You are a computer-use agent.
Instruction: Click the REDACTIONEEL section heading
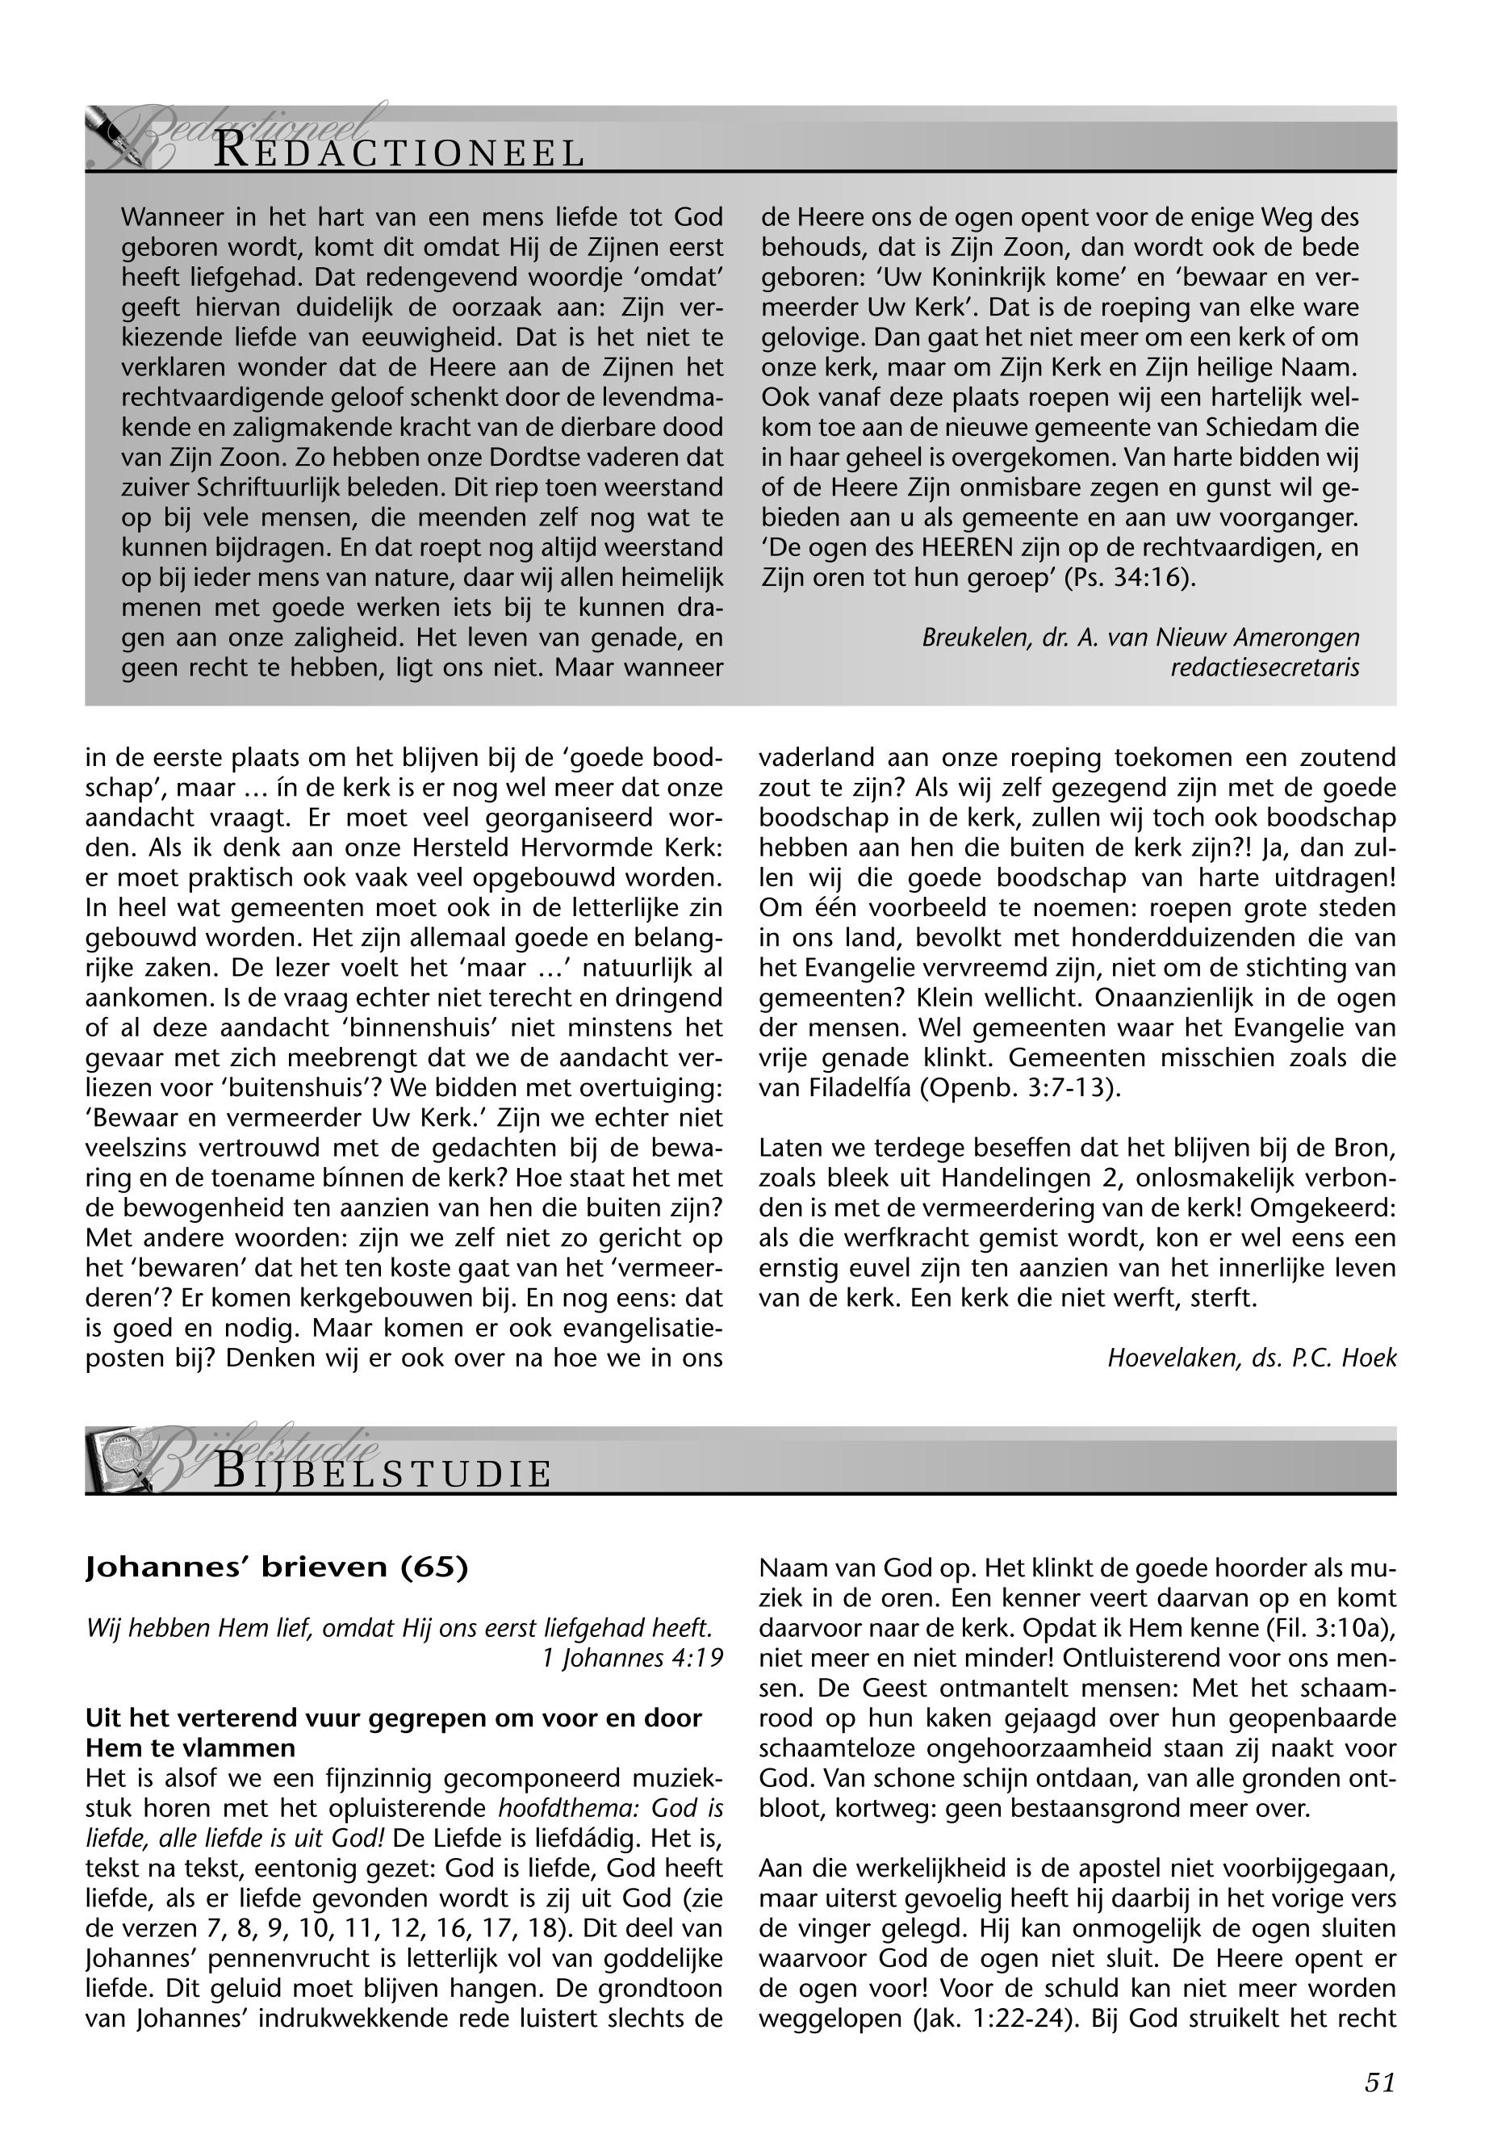point(399,152)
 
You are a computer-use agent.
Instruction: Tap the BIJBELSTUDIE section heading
point(383,1473)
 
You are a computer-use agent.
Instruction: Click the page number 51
point(1379,2082)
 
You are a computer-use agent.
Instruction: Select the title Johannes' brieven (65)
point(276,1567)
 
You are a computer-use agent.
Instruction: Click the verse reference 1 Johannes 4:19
point(633,1657)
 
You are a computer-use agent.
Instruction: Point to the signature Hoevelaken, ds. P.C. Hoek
point(1251,1358)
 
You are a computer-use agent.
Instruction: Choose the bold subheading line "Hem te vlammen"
point(190,1747)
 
